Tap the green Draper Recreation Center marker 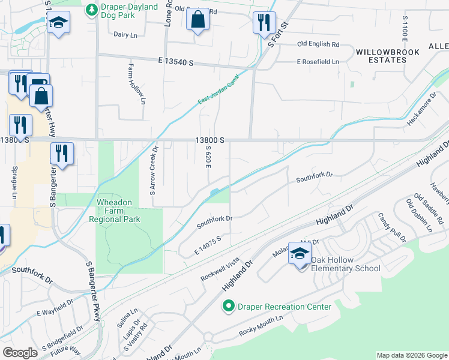click(x=228, y=307)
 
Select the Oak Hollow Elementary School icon click(x=299, y=254)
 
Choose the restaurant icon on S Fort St click(x=264, y=23)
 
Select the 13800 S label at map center click(x=209, y=140)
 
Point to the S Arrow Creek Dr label click(x=154, y=172)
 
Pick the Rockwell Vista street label click(x=220, y=269)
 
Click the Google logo click(x=20, y=353)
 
